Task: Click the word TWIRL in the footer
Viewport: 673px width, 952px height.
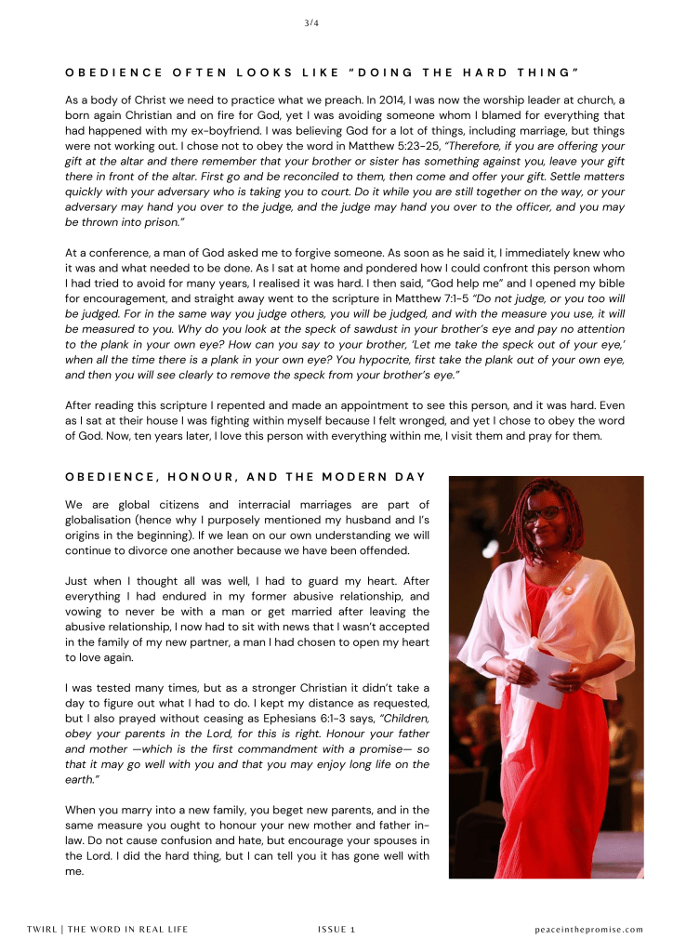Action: (43, 929)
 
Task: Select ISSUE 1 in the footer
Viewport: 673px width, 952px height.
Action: (336, 929)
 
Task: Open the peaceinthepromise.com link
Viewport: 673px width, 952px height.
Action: (589, 929)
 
